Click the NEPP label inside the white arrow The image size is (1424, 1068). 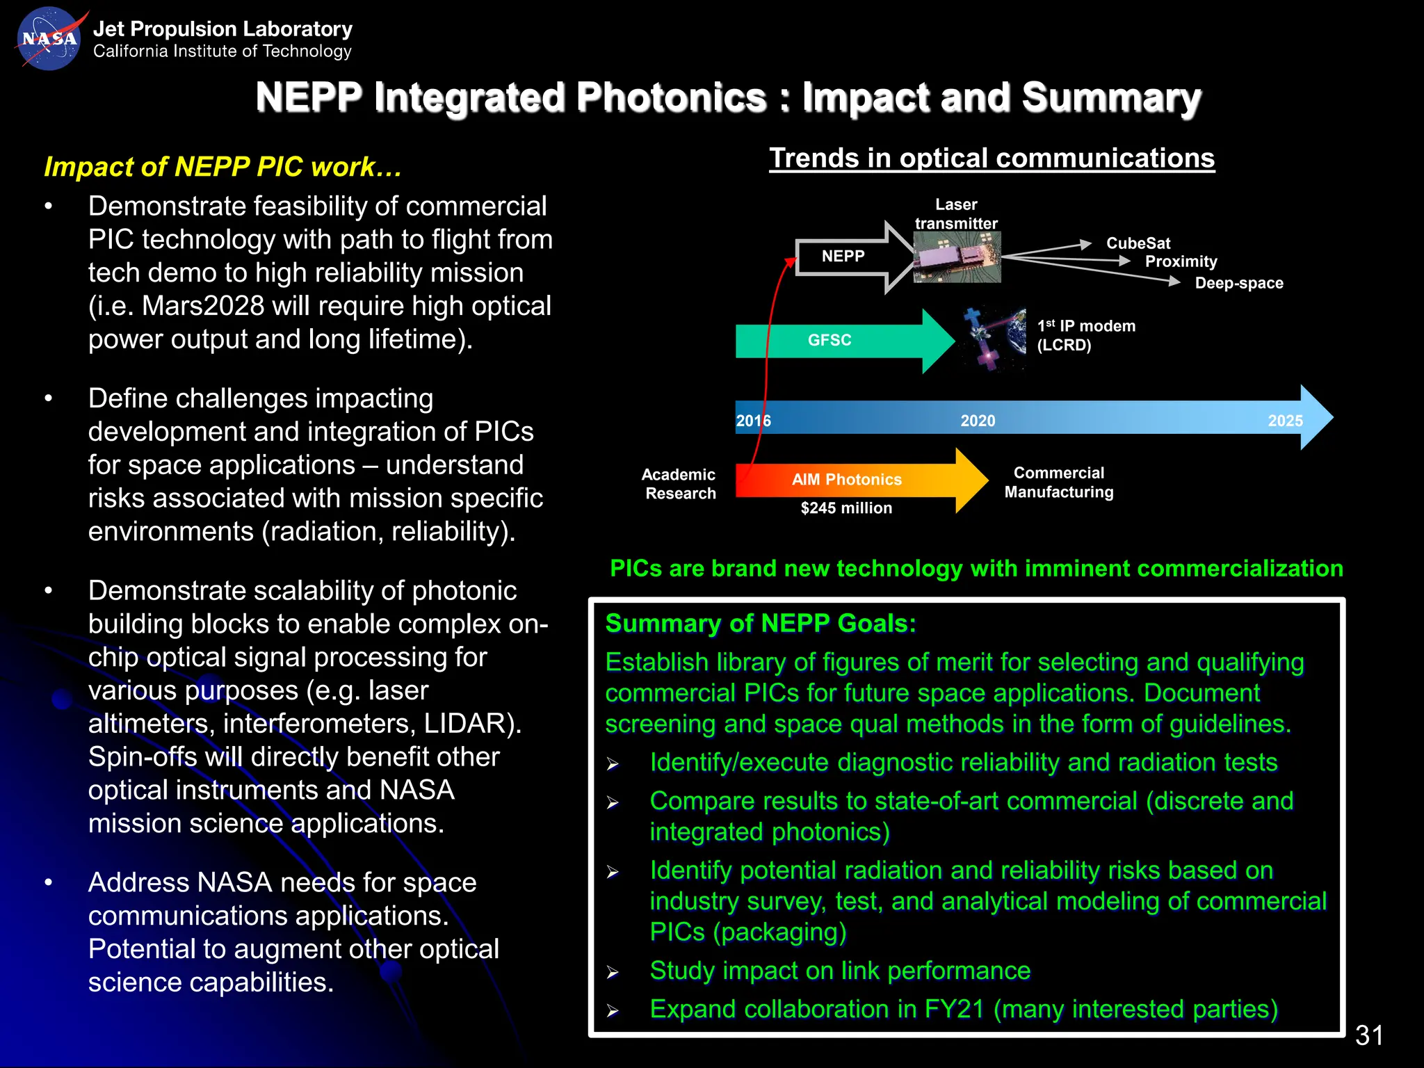[x=843, y=257]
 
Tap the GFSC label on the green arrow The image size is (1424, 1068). [x=829, y=340]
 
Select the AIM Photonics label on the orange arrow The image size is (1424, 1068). [x=846, y=480]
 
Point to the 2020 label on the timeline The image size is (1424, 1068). [x=978, y=421]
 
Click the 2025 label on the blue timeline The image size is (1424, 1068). [x=1285, y=421]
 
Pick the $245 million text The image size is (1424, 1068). [x=846, y=508]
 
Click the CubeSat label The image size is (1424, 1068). [x=1138, y=243]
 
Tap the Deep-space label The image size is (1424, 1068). [x=1239, y=283]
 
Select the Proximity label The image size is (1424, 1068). [x=1181, y=262]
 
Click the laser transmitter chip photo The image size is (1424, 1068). [x=957, y=257]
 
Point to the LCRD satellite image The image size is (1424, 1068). [x=994, y=339]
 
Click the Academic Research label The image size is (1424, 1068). [x=679, y=484]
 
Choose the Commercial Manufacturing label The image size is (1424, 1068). [x=1058, y=483]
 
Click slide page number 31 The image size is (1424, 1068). [x=1368, y=1035]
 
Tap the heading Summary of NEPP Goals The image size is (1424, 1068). [x=761, y=624]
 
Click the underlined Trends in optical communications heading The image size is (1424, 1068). [x=992, y=159]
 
